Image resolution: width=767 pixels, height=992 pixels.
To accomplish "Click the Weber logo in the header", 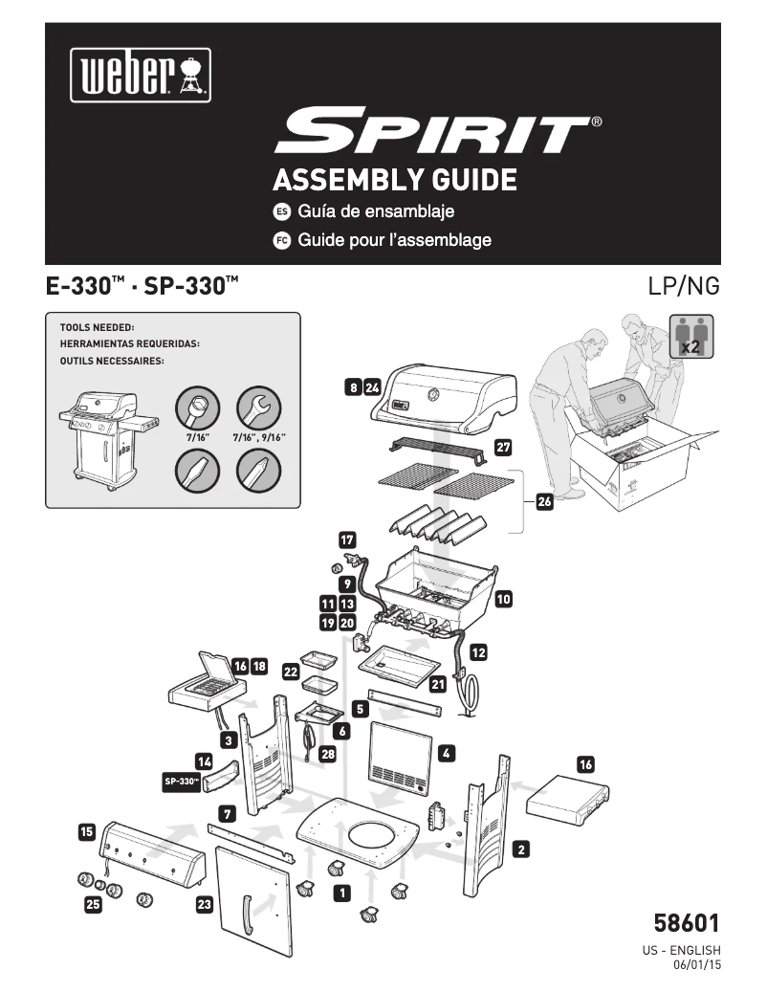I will click(140, 73).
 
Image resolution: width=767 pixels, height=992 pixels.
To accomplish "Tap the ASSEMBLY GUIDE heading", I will click(395, 179).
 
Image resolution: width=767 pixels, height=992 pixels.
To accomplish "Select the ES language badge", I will click(282, 211).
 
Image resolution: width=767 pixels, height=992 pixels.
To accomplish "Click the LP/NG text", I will click(683, 285).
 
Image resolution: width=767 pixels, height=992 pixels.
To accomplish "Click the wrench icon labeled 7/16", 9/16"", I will click(258, 408).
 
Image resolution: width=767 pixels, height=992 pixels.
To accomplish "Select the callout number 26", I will click(544, 504).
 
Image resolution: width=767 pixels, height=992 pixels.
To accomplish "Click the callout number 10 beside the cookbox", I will click(504, 600).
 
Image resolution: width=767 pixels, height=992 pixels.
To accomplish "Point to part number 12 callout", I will click(478, 653).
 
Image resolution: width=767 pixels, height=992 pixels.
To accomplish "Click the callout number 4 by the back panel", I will click(447, 754).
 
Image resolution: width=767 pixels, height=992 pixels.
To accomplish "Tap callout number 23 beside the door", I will click(204, 904).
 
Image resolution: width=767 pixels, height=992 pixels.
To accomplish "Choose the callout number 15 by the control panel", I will click(87, 832).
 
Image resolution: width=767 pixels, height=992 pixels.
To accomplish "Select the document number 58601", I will click(686, 924).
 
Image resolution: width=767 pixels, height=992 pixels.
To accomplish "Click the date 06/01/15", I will click(697, 965).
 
